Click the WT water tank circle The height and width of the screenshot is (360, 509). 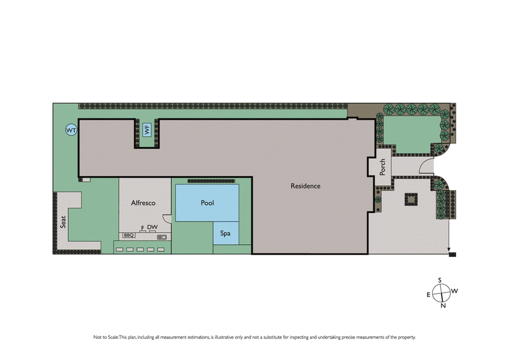click(x=71, y=130)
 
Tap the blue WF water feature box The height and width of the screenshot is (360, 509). click(x=147, y=130)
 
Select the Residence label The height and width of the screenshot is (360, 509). click(x=305, y=186)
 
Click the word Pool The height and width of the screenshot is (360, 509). click(x=207, y=203)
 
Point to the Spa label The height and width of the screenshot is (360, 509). click(x=225, y=233)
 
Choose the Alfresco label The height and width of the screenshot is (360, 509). click(x=143, y=203)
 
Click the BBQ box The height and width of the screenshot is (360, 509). click(x=129, y=236)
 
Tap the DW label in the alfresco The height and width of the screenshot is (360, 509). click(x=152, y=228)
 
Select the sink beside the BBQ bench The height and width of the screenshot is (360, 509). click(x=162, y=237)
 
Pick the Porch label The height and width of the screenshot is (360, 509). click(x=382, y=168)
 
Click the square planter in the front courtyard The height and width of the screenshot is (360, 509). click(x=411, y=200)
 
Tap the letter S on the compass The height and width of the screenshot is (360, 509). click(x=440, y=280)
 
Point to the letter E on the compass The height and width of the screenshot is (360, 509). click(x=428, y=294)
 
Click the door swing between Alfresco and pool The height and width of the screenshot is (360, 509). click(x=167, y=218)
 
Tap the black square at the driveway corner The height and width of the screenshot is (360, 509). click(x=452, y=255)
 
